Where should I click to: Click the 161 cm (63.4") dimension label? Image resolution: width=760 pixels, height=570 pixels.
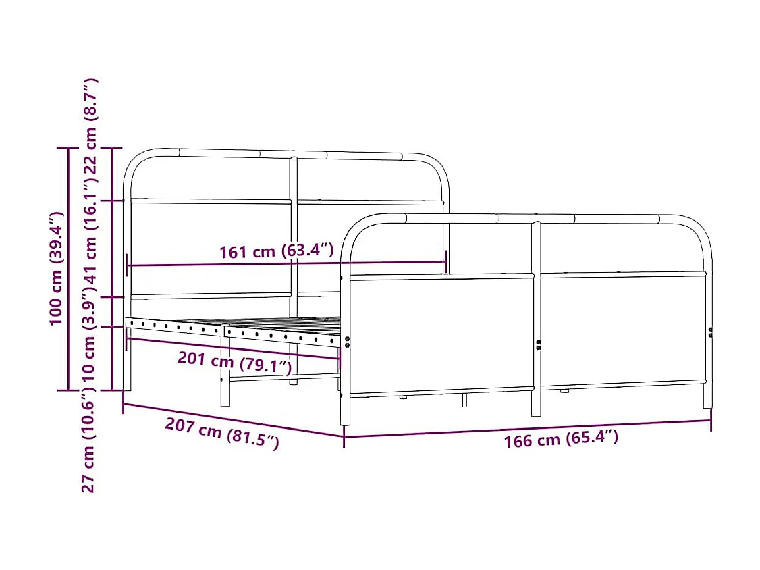(x=277, y=252)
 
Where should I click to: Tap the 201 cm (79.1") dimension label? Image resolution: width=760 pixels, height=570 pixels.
(x=234, y=363)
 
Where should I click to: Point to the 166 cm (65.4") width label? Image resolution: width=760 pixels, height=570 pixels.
(x=561, y=439)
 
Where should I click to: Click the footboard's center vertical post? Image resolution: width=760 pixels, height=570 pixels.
(x=536, y=317)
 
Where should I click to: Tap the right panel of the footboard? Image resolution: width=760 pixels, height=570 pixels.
(x=622, y=330)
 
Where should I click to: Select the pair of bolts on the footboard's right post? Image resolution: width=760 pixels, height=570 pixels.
(x=710, y=332)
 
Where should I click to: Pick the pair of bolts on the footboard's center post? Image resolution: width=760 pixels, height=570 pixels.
(x=539, y=344)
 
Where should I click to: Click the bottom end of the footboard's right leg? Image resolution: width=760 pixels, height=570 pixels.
(x=707, y=405)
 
